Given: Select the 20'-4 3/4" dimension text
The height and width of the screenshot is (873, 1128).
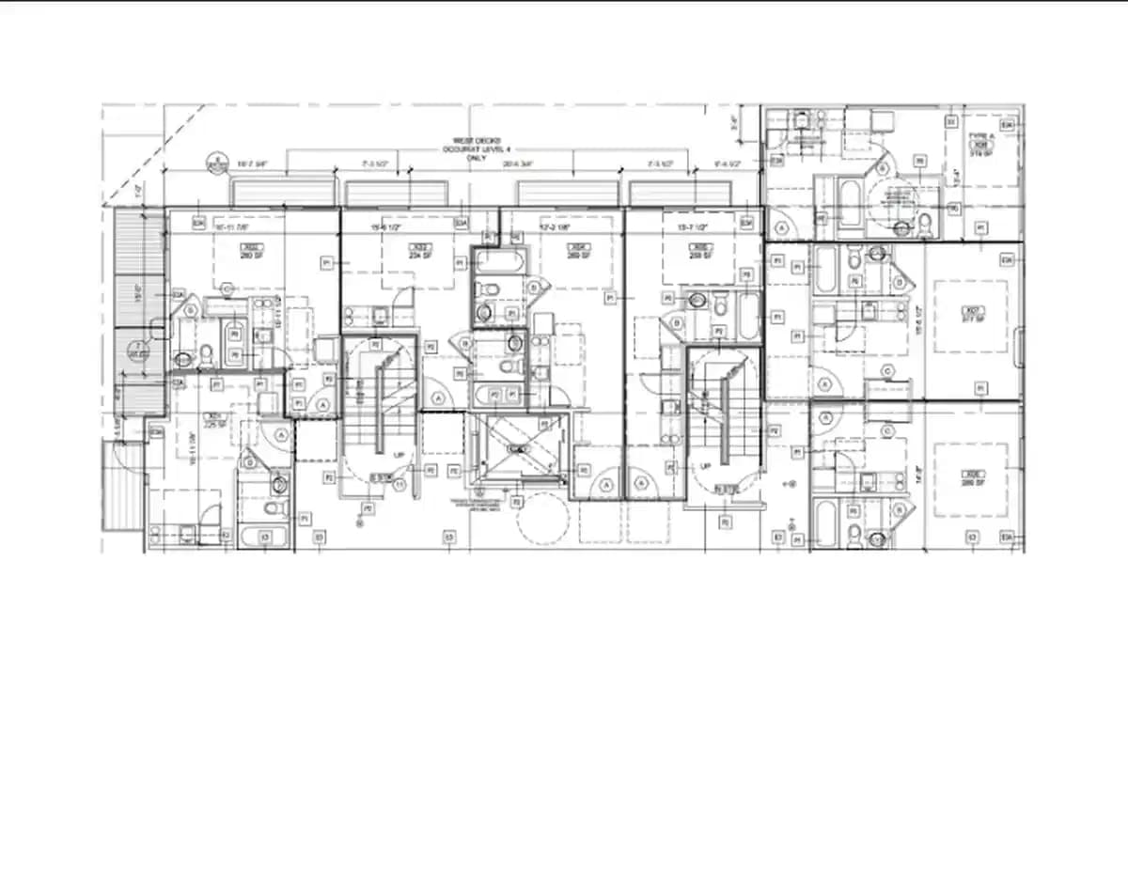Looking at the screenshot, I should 518,164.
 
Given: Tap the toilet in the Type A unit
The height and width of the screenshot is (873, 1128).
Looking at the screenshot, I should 924,224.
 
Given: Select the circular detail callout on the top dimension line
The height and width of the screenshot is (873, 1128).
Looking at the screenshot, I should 217,164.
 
